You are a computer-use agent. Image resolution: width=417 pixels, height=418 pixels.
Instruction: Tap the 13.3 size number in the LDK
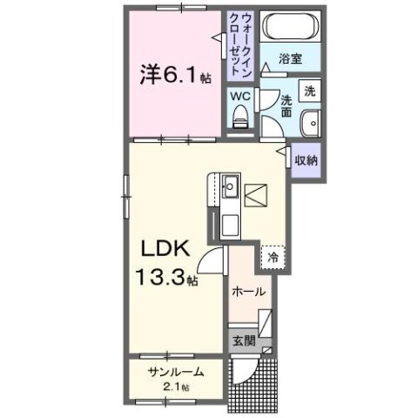click(x=166, y=280)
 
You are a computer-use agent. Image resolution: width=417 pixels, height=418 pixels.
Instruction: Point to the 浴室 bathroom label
click(x=291, y=59)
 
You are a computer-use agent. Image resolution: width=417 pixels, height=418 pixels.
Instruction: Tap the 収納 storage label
click(x=305, y=160)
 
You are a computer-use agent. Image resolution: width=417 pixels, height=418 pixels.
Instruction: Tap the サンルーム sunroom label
click(x=175, y=373)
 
